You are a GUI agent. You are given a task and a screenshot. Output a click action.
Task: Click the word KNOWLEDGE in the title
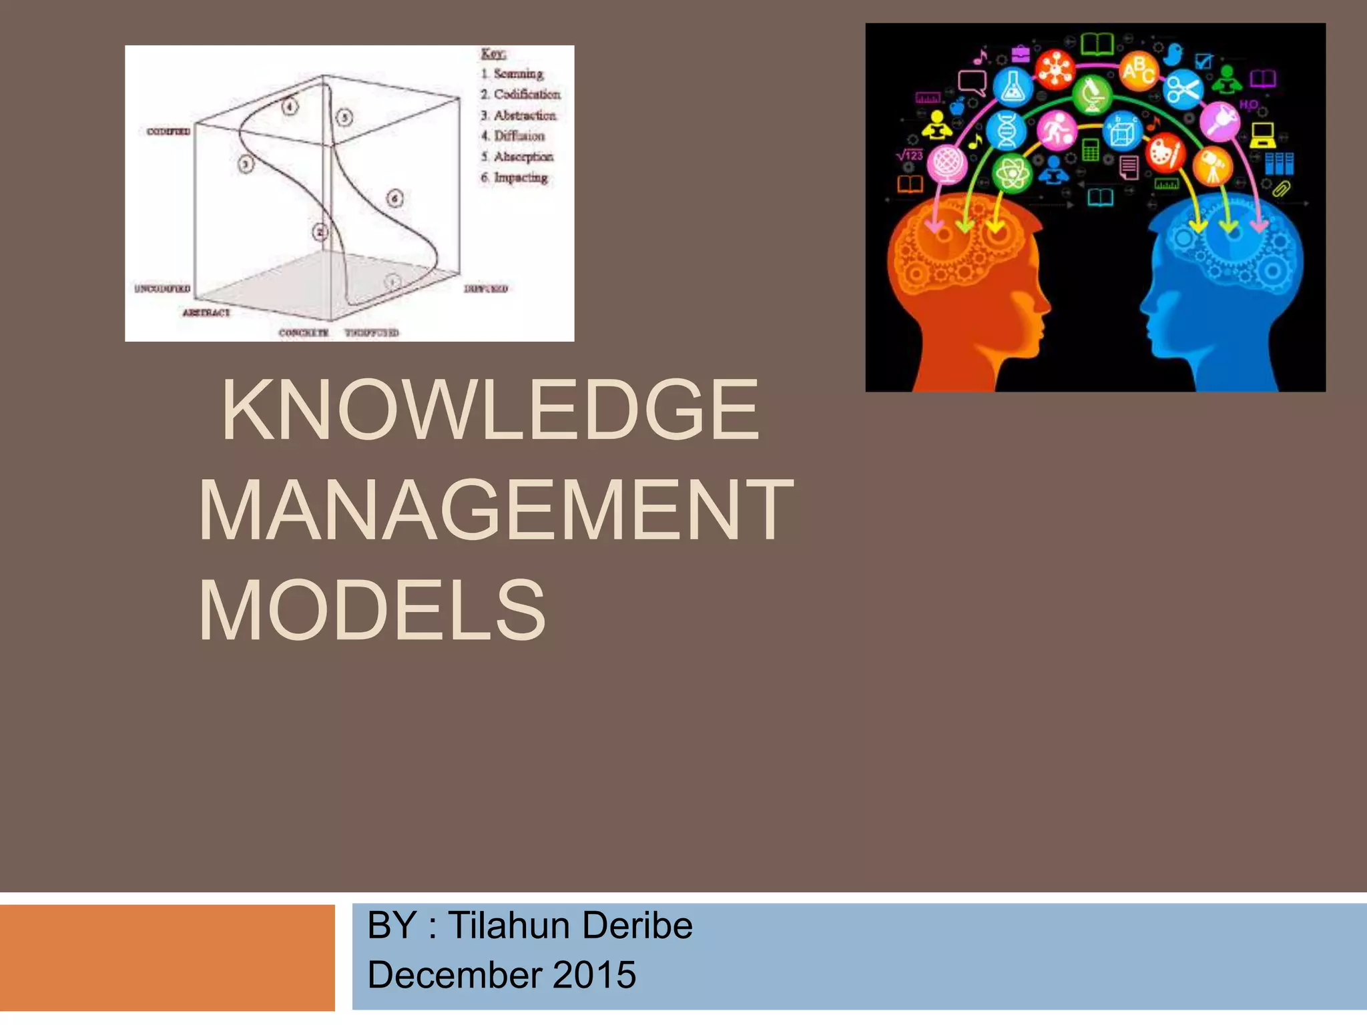pyautogui.click(x=491, y=410)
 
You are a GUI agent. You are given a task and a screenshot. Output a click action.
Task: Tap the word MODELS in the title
pyautogui.click(x=372, y=610)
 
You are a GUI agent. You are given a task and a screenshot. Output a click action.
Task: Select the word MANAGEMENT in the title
pyautogui.click(x=495, y=510)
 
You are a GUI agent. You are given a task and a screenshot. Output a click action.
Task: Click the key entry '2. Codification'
pyautogui.click(x=521, y=94)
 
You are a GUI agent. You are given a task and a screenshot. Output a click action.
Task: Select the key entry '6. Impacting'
pyautogui.click(x=515, y=178)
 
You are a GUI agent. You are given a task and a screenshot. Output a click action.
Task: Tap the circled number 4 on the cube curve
pyautogui.click(x=289, y=106)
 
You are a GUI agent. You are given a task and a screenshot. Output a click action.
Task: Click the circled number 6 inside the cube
pyautogui.click(x=395, y=198)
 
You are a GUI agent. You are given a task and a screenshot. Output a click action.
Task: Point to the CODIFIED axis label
pyautogui.click(x=168, y=131)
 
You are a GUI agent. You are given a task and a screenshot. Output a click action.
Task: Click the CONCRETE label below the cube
pyautogui.click(x=304, y=332)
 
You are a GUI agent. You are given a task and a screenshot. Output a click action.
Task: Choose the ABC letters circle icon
pyautogui.click(x=1139, y=71)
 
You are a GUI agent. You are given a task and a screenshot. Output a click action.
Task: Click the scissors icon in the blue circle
pyautogui.click(x=1183, y=89)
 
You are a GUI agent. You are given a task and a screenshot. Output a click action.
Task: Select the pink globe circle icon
pyautogui.click(x=946, y=163)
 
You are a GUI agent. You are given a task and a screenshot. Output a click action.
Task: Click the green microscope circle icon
pyautogui.click(x=1093, y=95)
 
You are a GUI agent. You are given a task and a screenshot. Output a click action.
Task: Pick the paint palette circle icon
pyautogui.click(x=1165, y=152)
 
